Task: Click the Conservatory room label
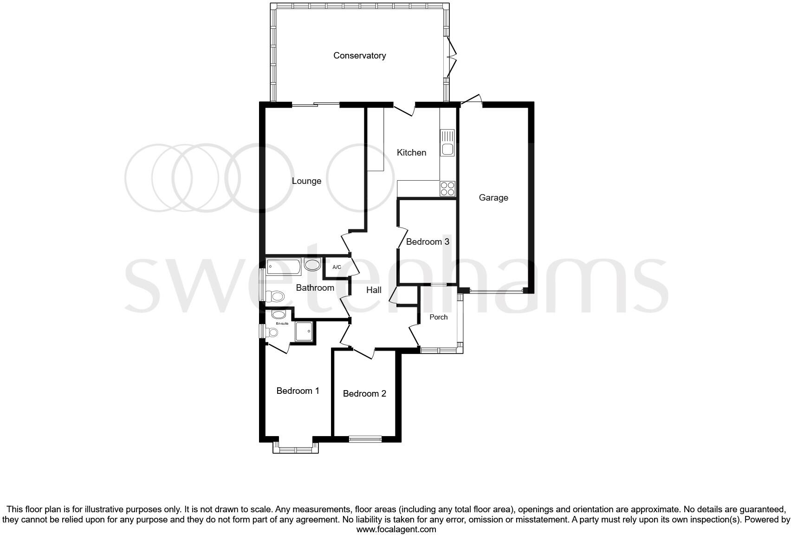[x=359, y=56]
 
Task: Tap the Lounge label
[x=306, y=181]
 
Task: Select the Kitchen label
[x=411, y=153]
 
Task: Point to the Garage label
[x=493, y=198]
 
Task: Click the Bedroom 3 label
[x=428, y=242]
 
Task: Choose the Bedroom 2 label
[x=364, y=394]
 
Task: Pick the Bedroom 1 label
[x=298, y=391]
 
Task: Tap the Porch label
[x=438, y=317]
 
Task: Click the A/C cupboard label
[x=337, y=267]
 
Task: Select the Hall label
[x=374, y=290]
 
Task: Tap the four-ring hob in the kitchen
[x=447, y=189]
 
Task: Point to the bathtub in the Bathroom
[x=284, y=267]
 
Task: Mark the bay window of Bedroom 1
[x=296, y=448]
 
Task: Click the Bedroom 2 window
[x=365, y=438]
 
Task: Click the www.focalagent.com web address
[x=396, y=529]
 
